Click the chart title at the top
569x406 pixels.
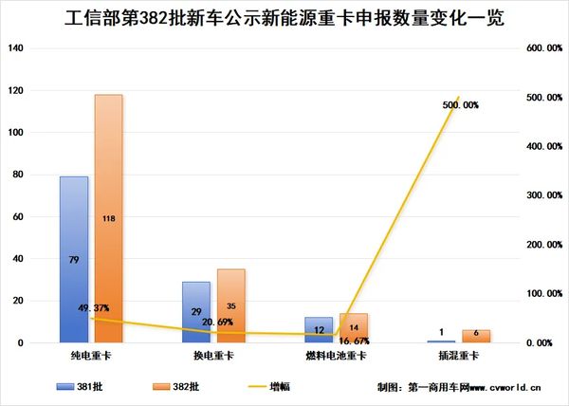284,18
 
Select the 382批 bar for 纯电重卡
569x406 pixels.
109,218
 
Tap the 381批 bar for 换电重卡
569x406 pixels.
196,312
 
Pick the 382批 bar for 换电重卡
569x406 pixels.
230,305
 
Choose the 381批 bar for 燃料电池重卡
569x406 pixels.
319,330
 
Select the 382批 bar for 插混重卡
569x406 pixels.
477,336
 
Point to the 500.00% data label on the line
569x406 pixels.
460,105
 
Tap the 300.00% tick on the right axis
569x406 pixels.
543,195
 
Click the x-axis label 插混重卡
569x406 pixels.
459,356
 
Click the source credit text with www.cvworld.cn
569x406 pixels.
459,387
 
